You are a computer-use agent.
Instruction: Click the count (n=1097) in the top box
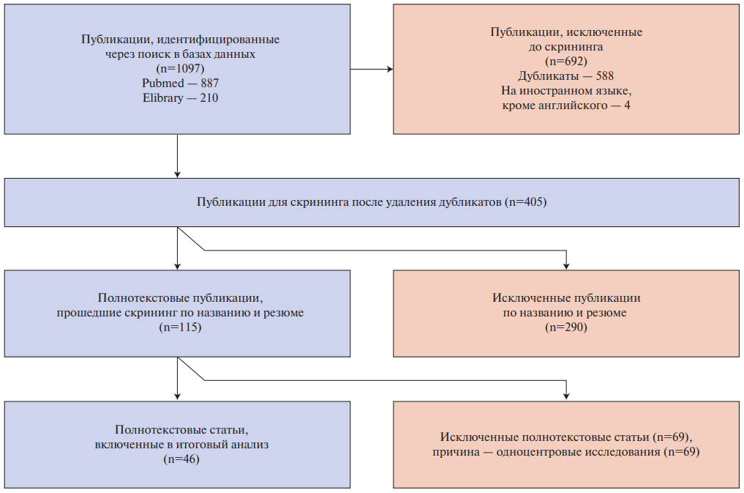[180, 69]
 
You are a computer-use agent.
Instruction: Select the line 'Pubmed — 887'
[180, 84]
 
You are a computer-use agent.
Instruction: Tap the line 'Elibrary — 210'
[180, 98]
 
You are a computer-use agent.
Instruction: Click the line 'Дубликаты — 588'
[566, 76]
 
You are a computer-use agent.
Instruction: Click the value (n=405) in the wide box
[525, 201]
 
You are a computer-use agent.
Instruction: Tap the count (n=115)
[180, 327]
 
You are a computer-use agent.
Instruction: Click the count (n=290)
[566, 327]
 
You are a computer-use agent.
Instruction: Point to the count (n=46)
[180, 459]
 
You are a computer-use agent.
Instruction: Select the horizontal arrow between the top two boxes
[372, 70]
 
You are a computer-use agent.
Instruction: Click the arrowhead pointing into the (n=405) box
[178, 174]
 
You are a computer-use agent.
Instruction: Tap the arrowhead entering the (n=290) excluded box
[566, 266]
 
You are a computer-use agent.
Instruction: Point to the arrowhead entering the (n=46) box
[178, 397]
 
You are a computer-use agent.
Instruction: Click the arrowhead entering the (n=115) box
[178, 266]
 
